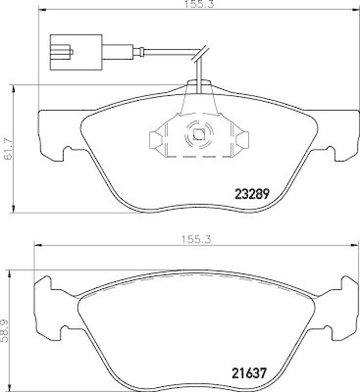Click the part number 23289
[250, 194]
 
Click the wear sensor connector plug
[76, 50]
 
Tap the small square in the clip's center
[199, 134]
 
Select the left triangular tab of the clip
[156, 140]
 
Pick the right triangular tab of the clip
[241, 140]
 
